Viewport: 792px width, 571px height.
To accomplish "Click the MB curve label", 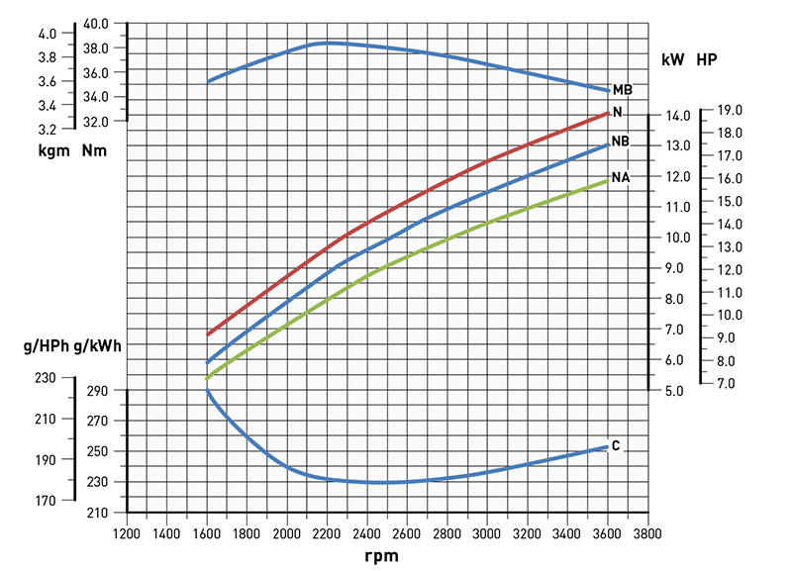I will [623, 90].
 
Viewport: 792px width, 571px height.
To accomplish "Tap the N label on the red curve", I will [618, 112].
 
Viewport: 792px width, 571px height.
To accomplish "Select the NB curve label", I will [621, 142].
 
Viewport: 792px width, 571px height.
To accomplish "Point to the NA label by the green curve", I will [622, 177].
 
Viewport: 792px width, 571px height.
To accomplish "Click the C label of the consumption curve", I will [616, 446].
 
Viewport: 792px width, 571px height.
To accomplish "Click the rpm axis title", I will [381, 556].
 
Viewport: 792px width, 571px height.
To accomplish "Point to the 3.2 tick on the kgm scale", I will [48, 129].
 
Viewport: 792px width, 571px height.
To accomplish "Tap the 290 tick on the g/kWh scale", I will [96, 392].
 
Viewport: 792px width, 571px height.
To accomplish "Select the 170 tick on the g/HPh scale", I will [45, 501].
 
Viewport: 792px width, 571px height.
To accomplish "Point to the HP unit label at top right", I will [706, 59].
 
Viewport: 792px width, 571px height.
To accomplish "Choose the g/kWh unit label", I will [103, 347].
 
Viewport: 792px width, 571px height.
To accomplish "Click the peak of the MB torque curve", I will [327, 43].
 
